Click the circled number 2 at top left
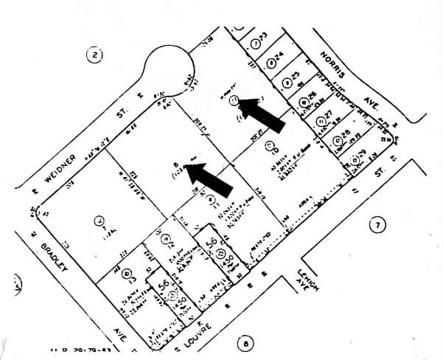click(94, 53)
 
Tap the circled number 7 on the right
click(377, 225)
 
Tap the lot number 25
click(295, 77)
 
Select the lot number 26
click(310, 97)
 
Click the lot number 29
click(360, 154)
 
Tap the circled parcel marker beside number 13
click(129, 274)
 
